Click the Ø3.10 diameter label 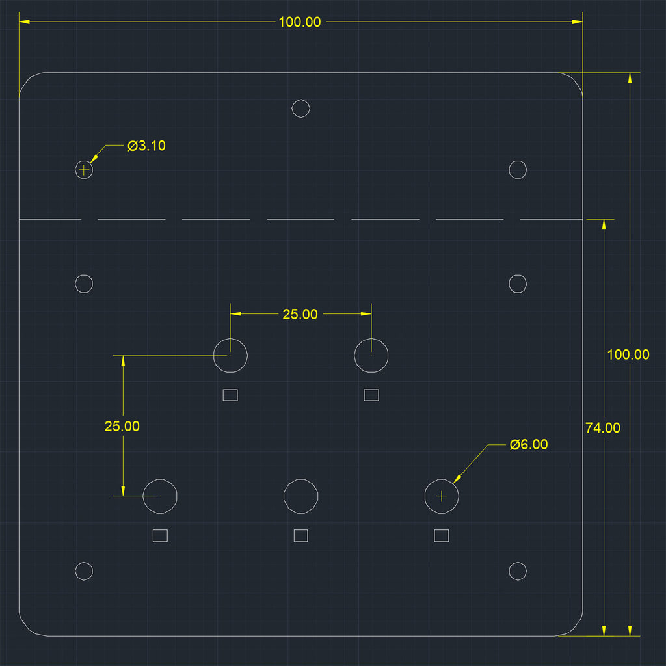pos(146,146)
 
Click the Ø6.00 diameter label pos(529,444)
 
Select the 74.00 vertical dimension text pos(603,428)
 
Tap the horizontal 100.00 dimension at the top pos(300,22)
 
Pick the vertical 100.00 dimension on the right pos(628,354)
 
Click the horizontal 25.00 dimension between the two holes pos(300,314)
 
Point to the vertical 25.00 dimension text pos(122,426)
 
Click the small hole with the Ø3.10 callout pos(84,170)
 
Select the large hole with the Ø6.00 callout pos(442,496)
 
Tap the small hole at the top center pos(300,109)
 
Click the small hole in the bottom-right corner pos(518,571)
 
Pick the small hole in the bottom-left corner pos(84,571)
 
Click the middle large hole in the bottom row pos(300,496)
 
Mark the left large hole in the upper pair pos(230,355)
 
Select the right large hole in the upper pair pos(371,355)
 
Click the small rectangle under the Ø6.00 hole pos(442,536)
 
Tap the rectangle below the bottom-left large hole pos(160,536)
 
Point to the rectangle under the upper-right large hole pos(371,395)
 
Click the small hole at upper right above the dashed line pos(518,170)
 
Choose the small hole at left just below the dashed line pos(84,284)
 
